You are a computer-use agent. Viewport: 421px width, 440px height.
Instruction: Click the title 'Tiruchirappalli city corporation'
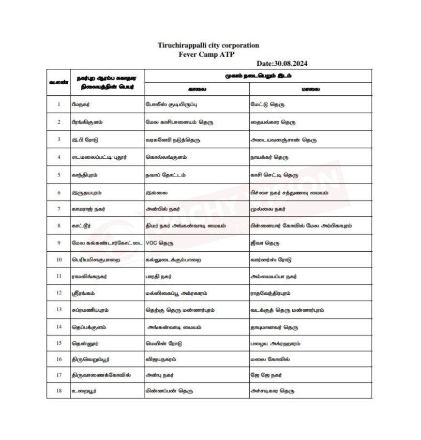pyautogui.click(x=208, y=46)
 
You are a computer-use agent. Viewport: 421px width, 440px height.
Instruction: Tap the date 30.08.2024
pyautogui.click(x=282, y=63)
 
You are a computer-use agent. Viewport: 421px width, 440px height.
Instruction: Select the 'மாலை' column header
pyautogui.click(x=310, y=90)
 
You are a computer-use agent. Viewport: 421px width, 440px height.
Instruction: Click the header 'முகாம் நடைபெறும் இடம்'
pyautogui.click(x=258, y=76)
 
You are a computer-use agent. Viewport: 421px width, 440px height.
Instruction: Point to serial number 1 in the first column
pyautogui.click(x=59, y=104)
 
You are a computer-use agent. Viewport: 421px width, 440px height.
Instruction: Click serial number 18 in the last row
pyautogui.click(x=59, y=390)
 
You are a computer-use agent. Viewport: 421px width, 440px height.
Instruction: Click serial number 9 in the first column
pyautogui.click(x=59, y=243)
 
